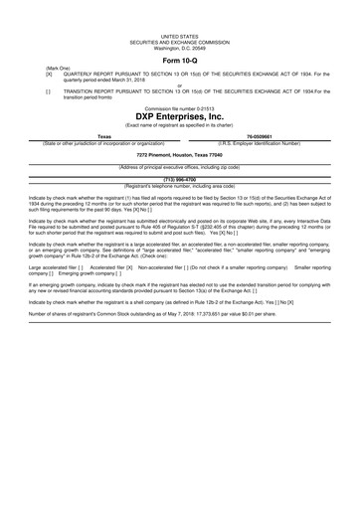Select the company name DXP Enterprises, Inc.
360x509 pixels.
pos(179,114)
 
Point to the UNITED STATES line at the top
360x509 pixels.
pos(179,34)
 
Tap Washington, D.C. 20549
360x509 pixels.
pos(179,46)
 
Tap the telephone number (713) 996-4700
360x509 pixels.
pos(179,179)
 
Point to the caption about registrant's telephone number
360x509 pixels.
pos(179,185)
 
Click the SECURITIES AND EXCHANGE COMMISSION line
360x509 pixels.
pos(179,40)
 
